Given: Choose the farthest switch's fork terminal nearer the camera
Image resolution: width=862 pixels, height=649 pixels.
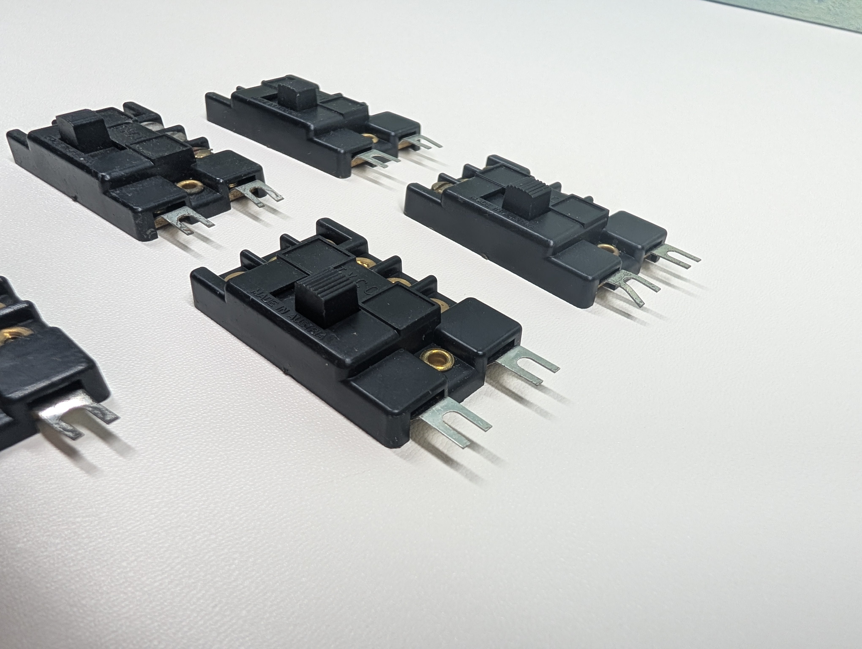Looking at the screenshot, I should pos(376,158).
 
